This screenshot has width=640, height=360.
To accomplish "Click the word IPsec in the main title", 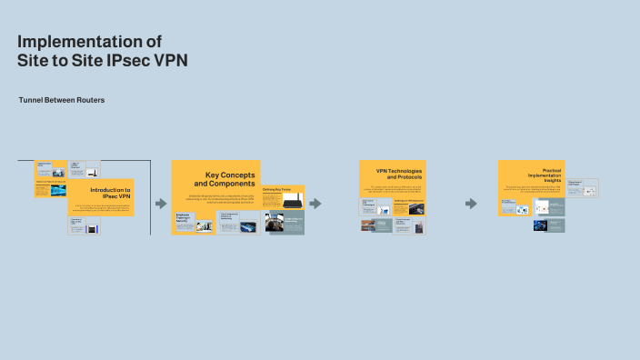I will point(133,60).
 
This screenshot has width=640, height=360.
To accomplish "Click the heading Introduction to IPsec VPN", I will point(110,193).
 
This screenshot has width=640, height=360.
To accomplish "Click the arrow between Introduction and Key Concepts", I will point(161,204).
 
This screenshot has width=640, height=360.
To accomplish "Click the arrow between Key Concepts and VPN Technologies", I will point(315,204).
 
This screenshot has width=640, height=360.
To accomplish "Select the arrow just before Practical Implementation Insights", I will point(471,204).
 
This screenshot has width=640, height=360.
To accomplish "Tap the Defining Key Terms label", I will point(276,189).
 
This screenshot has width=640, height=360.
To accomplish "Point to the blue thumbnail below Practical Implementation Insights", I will point(549,225).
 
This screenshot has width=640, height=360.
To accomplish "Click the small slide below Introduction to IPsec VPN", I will point(85,226).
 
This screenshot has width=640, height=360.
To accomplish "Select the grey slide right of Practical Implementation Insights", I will point(582,189).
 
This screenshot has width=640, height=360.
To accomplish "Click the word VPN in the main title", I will point(171,60).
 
